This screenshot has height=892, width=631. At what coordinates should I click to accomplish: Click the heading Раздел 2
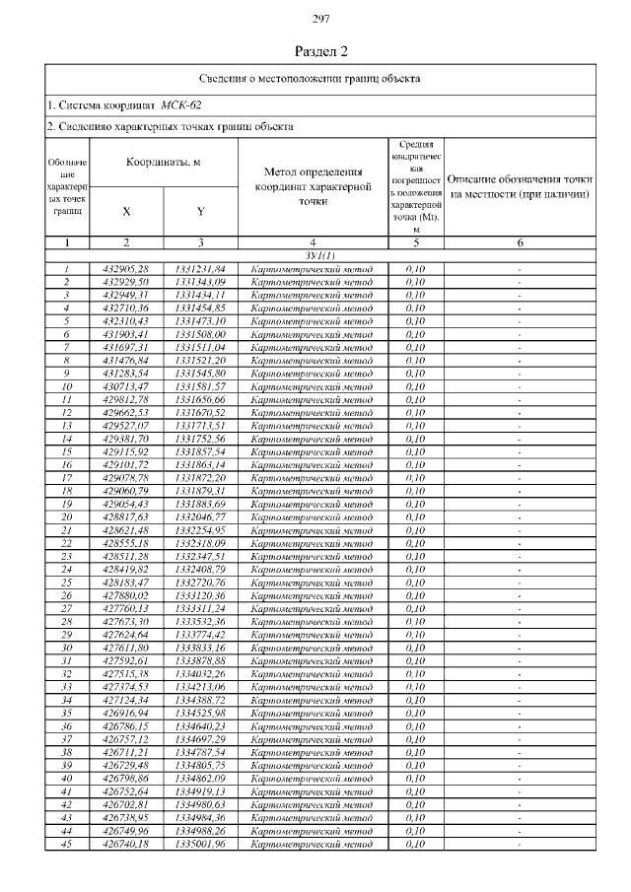coord(320,50)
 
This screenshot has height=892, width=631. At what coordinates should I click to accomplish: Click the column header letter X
coord(126,211)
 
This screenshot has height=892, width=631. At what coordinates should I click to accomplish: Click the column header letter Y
coord(200,211)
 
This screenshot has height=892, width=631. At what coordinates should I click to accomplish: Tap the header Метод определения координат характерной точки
coord(313,186)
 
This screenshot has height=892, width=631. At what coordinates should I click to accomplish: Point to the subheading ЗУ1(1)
coord(313,255)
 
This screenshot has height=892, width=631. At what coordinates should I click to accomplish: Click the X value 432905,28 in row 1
coord(126,268)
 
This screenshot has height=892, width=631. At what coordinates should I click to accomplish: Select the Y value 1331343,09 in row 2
coord(200,282)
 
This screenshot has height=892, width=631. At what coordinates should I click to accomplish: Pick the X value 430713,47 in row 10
coord(126,386)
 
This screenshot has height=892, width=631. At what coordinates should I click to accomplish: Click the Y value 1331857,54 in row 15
coord(200,451)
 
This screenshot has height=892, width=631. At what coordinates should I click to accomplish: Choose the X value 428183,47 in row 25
coord(126,583)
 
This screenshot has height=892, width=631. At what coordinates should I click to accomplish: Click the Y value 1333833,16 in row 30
coord(200,649)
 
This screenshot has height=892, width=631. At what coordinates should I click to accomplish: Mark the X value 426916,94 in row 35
coord(126,714)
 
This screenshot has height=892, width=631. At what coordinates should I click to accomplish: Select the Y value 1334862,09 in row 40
coord(200,779)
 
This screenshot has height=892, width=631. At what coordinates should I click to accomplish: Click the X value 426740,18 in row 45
coord(126,845)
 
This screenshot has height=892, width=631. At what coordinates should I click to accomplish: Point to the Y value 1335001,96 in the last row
coord(200,845)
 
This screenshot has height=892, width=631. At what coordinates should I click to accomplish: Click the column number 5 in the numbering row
coord(415,242)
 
